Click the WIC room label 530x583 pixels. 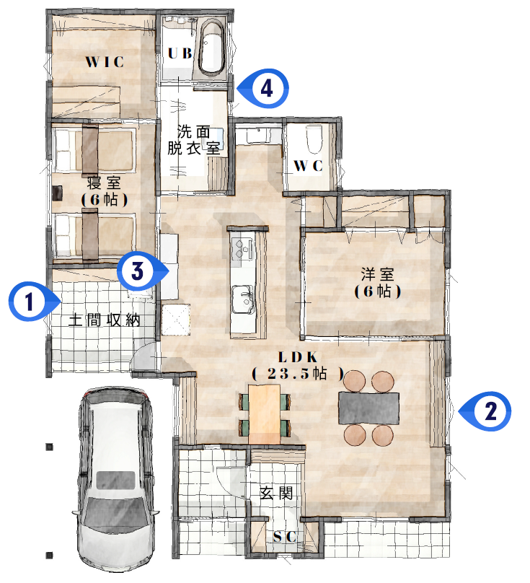[x=105, y=62]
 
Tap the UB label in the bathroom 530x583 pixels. [x=180, y=53]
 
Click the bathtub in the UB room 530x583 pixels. [x=211, y=48]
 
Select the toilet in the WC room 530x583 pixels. [x=314, y=139]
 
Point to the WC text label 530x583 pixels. [x=308, y=166]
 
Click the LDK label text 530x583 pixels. [x=298, y=357]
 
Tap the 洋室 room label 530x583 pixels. [x=377, y=274]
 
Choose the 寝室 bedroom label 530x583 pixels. [x=104, y=183]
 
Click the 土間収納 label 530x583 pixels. [x=105, y=320]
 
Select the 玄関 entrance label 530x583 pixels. [x=276, y=493]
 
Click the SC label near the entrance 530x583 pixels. [x=285, y=537]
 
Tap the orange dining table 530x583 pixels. [x=264, y=414]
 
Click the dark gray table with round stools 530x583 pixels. [x=368, y=408]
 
